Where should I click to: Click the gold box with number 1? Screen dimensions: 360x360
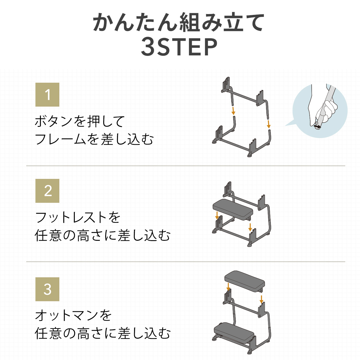click(x=47, y=95)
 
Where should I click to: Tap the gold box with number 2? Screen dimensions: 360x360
click(x=47, y=191)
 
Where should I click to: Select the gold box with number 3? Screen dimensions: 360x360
click(x=47, y=289)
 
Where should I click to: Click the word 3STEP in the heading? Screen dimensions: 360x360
click(x=179, y=47)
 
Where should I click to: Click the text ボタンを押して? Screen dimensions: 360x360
click(x=80, y=121)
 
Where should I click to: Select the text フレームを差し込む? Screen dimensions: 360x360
click(x=94, y=139)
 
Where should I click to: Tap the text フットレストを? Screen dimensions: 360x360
click(x=78, y=217)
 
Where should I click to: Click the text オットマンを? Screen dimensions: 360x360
click(x=73, y=316)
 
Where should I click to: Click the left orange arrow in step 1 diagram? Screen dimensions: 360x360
click(x=233, y=111)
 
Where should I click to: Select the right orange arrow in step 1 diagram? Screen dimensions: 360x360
click(x=269, y=124)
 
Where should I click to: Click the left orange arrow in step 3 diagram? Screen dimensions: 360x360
click(x=228, y=287)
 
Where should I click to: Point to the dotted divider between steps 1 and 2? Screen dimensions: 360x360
click(x=186, y=166)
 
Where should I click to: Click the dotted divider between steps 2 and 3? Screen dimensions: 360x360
click(x=186, y=262)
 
